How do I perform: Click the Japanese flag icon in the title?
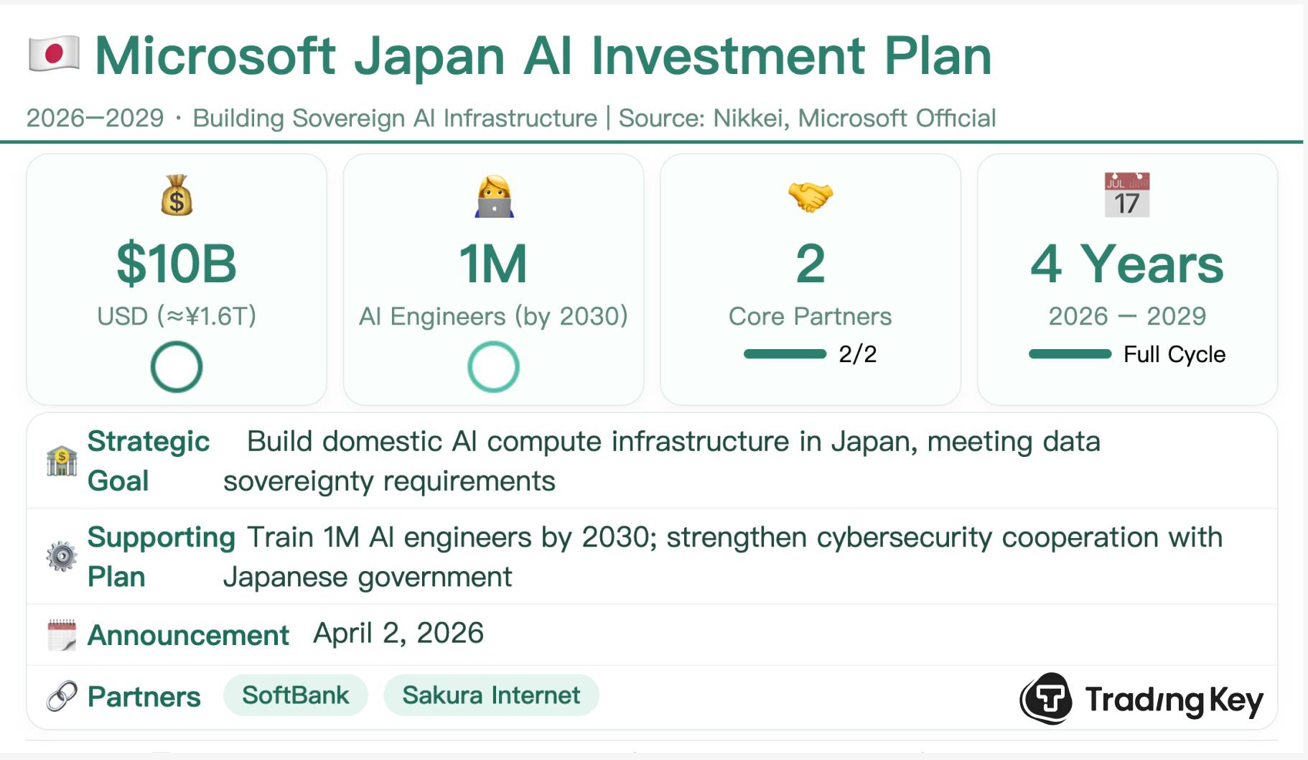tap(54, 54)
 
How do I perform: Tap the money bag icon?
tap(177, 195)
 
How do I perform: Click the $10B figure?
tap(177, 264)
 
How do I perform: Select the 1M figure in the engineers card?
tap(493, 264)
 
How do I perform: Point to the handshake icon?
tap(810, 195)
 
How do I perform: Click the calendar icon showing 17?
tap(1126, 195)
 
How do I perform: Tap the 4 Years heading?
tap(1126, 264)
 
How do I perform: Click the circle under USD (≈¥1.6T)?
tap(177, 367)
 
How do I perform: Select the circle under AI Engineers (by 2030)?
tap(493, 367)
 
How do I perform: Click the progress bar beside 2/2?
tap(785, 353)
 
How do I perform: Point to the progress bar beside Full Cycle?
tap(1070, 353)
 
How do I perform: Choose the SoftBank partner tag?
tap(295, 695)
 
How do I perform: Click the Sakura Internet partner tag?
tap(491, 695)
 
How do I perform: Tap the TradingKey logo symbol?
tap(1047, 698)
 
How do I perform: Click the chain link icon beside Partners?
tap(62, 696)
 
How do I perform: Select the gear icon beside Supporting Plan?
tap(62, 557)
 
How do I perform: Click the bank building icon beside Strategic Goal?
tap(62, 460)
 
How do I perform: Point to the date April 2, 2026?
tap(398, 634)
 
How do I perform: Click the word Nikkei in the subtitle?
tap(749, 118)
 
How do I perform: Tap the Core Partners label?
tap(810, 316)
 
